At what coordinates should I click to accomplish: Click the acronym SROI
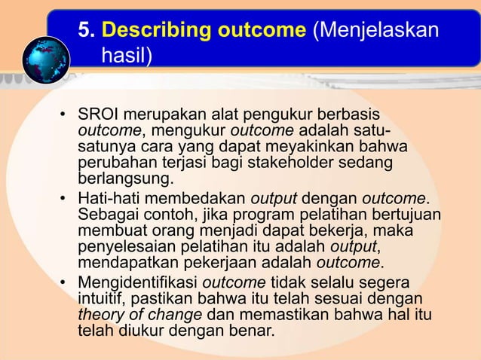point(100,117)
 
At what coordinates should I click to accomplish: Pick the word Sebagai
point(107,215)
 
